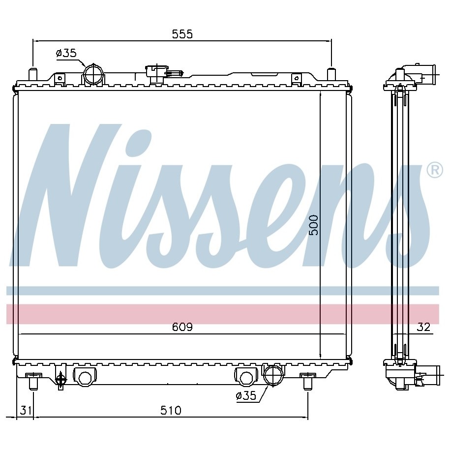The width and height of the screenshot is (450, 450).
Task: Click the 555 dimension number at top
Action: point(182,34)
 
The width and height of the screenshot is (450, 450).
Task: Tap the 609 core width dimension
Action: point(182,327)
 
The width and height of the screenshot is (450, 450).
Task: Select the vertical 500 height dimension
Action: point(314,225)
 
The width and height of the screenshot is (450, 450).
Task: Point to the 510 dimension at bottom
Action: point(171,410)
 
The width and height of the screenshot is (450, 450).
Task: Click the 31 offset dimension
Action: point(26,410)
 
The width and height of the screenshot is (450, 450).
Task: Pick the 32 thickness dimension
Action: point(423,327)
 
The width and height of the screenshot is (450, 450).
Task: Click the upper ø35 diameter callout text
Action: point(66,53)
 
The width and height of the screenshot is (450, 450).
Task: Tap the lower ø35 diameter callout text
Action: point(246,396)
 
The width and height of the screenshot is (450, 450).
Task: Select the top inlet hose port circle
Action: point(93,74)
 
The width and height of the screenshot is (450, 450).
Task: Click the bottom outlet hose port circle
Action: point(273,375)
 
